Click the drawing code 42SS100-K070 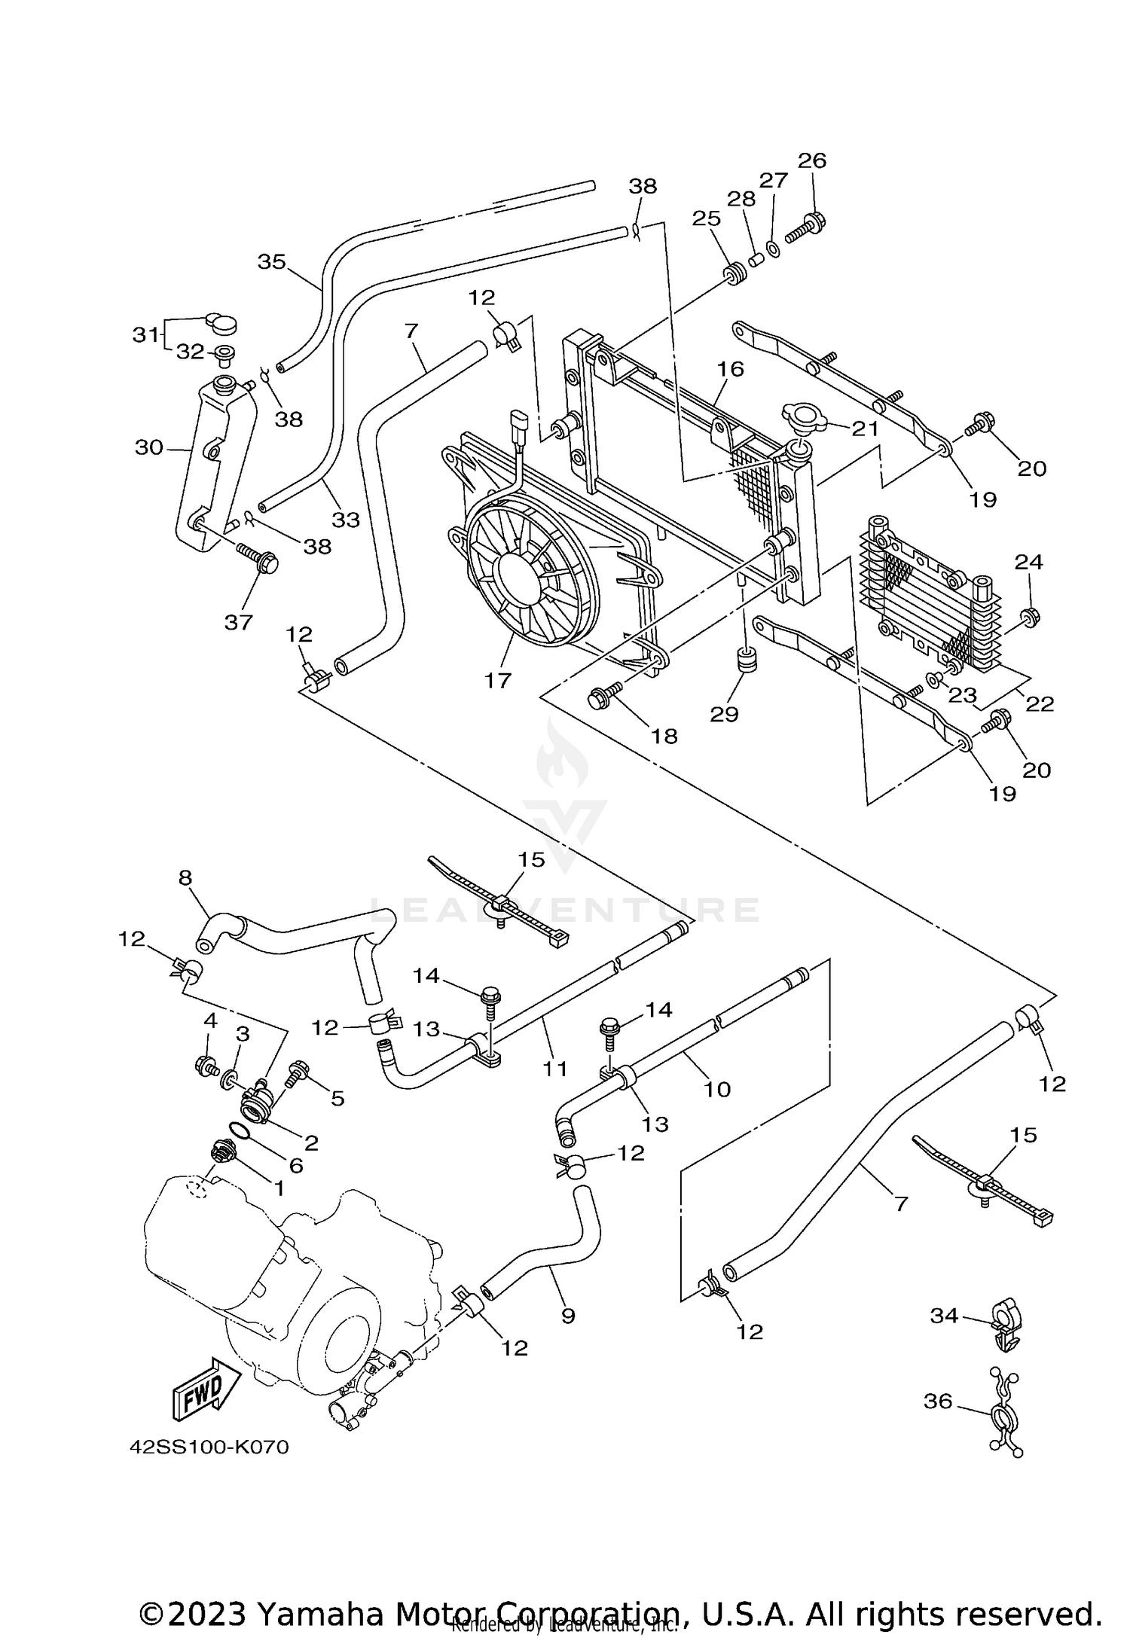coord(209,1469)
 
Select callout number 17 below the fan coord(498,680)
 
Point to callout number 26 coord(812,160)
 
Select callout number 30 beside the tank coord(149,447)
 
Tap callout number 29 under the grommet coord(724,713)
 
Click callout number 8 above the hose coord(185,877)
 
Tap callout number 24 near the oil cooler coord(1028,562)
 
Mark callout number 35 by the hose coord(272,261)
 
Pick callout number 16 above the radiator coord(730,368)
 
